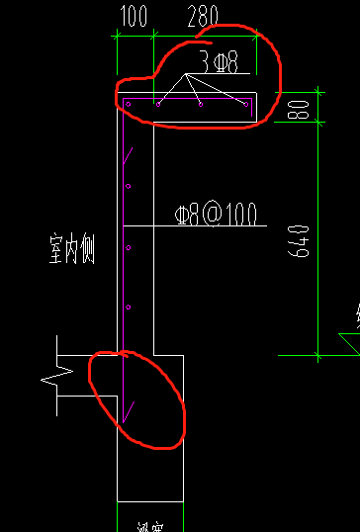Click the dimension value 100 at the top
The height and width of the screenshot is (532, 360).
coord(133,16)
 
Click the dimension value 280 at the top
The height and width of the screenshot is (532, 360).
coord(203,16)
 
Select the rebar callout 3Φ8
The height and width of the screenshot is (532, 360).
coord(219,62)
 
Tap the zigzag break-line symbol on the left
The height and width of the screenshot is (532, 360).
coord(51,379)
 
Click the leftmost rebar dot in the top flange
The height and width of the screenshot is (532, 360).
coord(128,103)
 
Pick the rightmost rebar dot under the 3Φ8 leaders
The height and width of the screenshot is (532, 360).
coord(244,103)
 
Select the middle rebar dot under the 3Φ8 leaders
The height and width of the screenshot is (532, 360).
coord(201,103)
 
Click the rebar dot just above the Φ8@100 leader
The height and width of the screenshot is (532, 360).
coord(129,186)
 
